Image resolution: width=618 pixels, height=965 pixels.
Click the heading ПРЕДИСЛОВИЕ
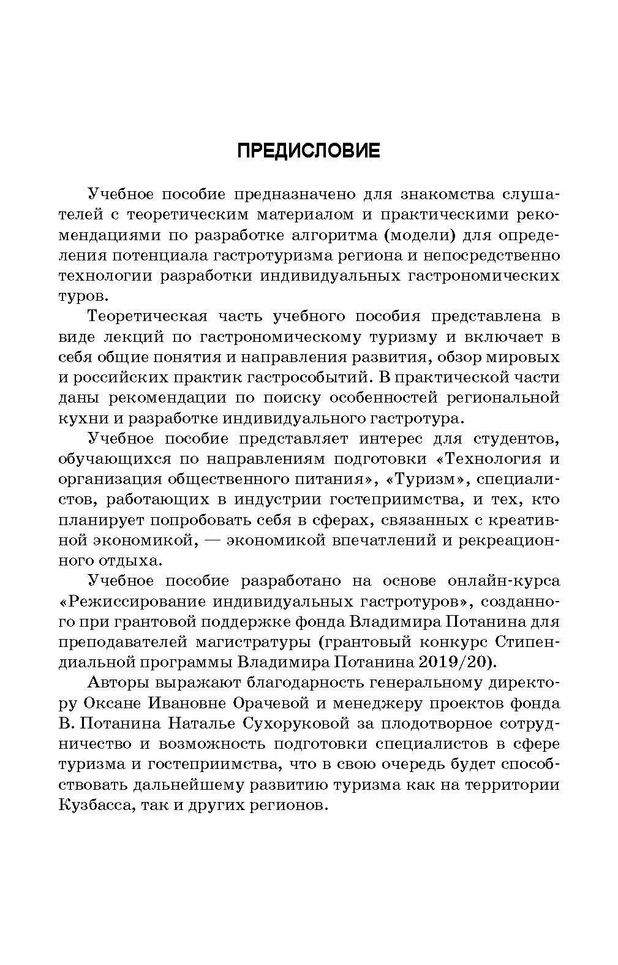309,150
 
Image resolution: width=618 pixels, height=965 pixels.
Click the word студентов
515,438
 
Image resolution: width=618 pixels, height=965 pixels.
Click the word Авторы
116,682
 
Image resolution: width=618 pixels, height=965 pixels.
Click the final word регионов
290,804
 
